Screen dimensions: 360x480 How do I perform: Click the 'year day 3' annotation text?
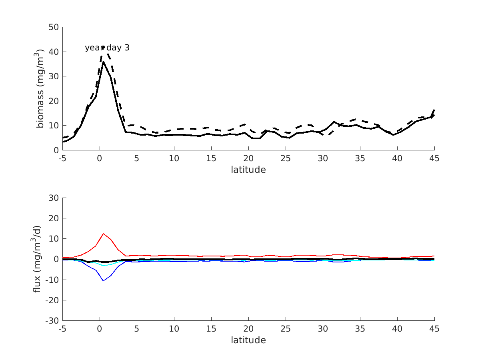pyautogui.click(x=107, y=48)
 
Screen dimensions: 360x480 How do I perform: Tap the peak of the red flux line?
pyautogui.click(x=103, y=233)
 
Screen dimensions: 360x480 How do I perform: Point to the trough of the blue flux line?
pyautogui.click(x=103, y=281)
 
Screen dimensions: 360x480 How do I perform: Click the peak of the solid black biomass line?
pyautogui.click(x=103, y=62)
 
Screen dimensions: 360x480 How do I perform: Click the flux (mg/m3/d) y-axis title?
pyautogui.click(x=37, y=259)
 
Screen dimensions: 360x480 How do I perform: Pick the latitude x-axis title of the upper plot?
pyautogui.click(x=248, y=170)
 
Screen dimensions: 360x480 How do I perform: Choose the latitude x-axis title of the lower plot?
pyautogui.click(x=248, y=340)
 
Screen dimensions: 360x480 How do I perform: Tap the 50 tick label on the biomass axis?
pyautogui.click(x=54, y=27)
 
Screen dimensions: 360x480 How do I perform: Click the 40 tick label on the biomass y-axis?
pyautogui.click(x=54, y=52)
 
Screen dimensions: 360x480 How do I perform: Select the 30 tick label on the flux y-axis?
pyautogui.click(x=54, y=198)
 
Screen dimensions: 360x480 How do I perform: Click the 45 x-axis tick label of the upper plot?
pyautogui.click(x=434, y=158)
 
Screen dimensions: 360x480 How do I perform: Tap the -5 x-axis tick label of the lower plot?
pyautogui.click(x=62, y=329)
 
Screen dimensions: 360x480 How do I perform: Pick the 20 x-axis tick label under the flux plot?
pyautogui.click(x=248, y=329)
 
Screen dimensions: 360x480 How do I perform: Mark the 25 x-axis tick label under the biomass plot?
pyautogui.click(x=286, y=158)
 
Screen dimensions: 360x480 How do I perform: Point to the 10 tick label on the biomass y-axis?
pyautogui.click(x=54, y=125)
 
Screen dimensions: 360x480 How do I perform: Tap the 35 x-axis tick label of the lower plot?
pyautogui.click(x=360, y=329)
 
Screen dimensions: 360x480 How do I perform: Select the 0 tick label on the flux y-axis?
pyautogui.click(x=56, y=259)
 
